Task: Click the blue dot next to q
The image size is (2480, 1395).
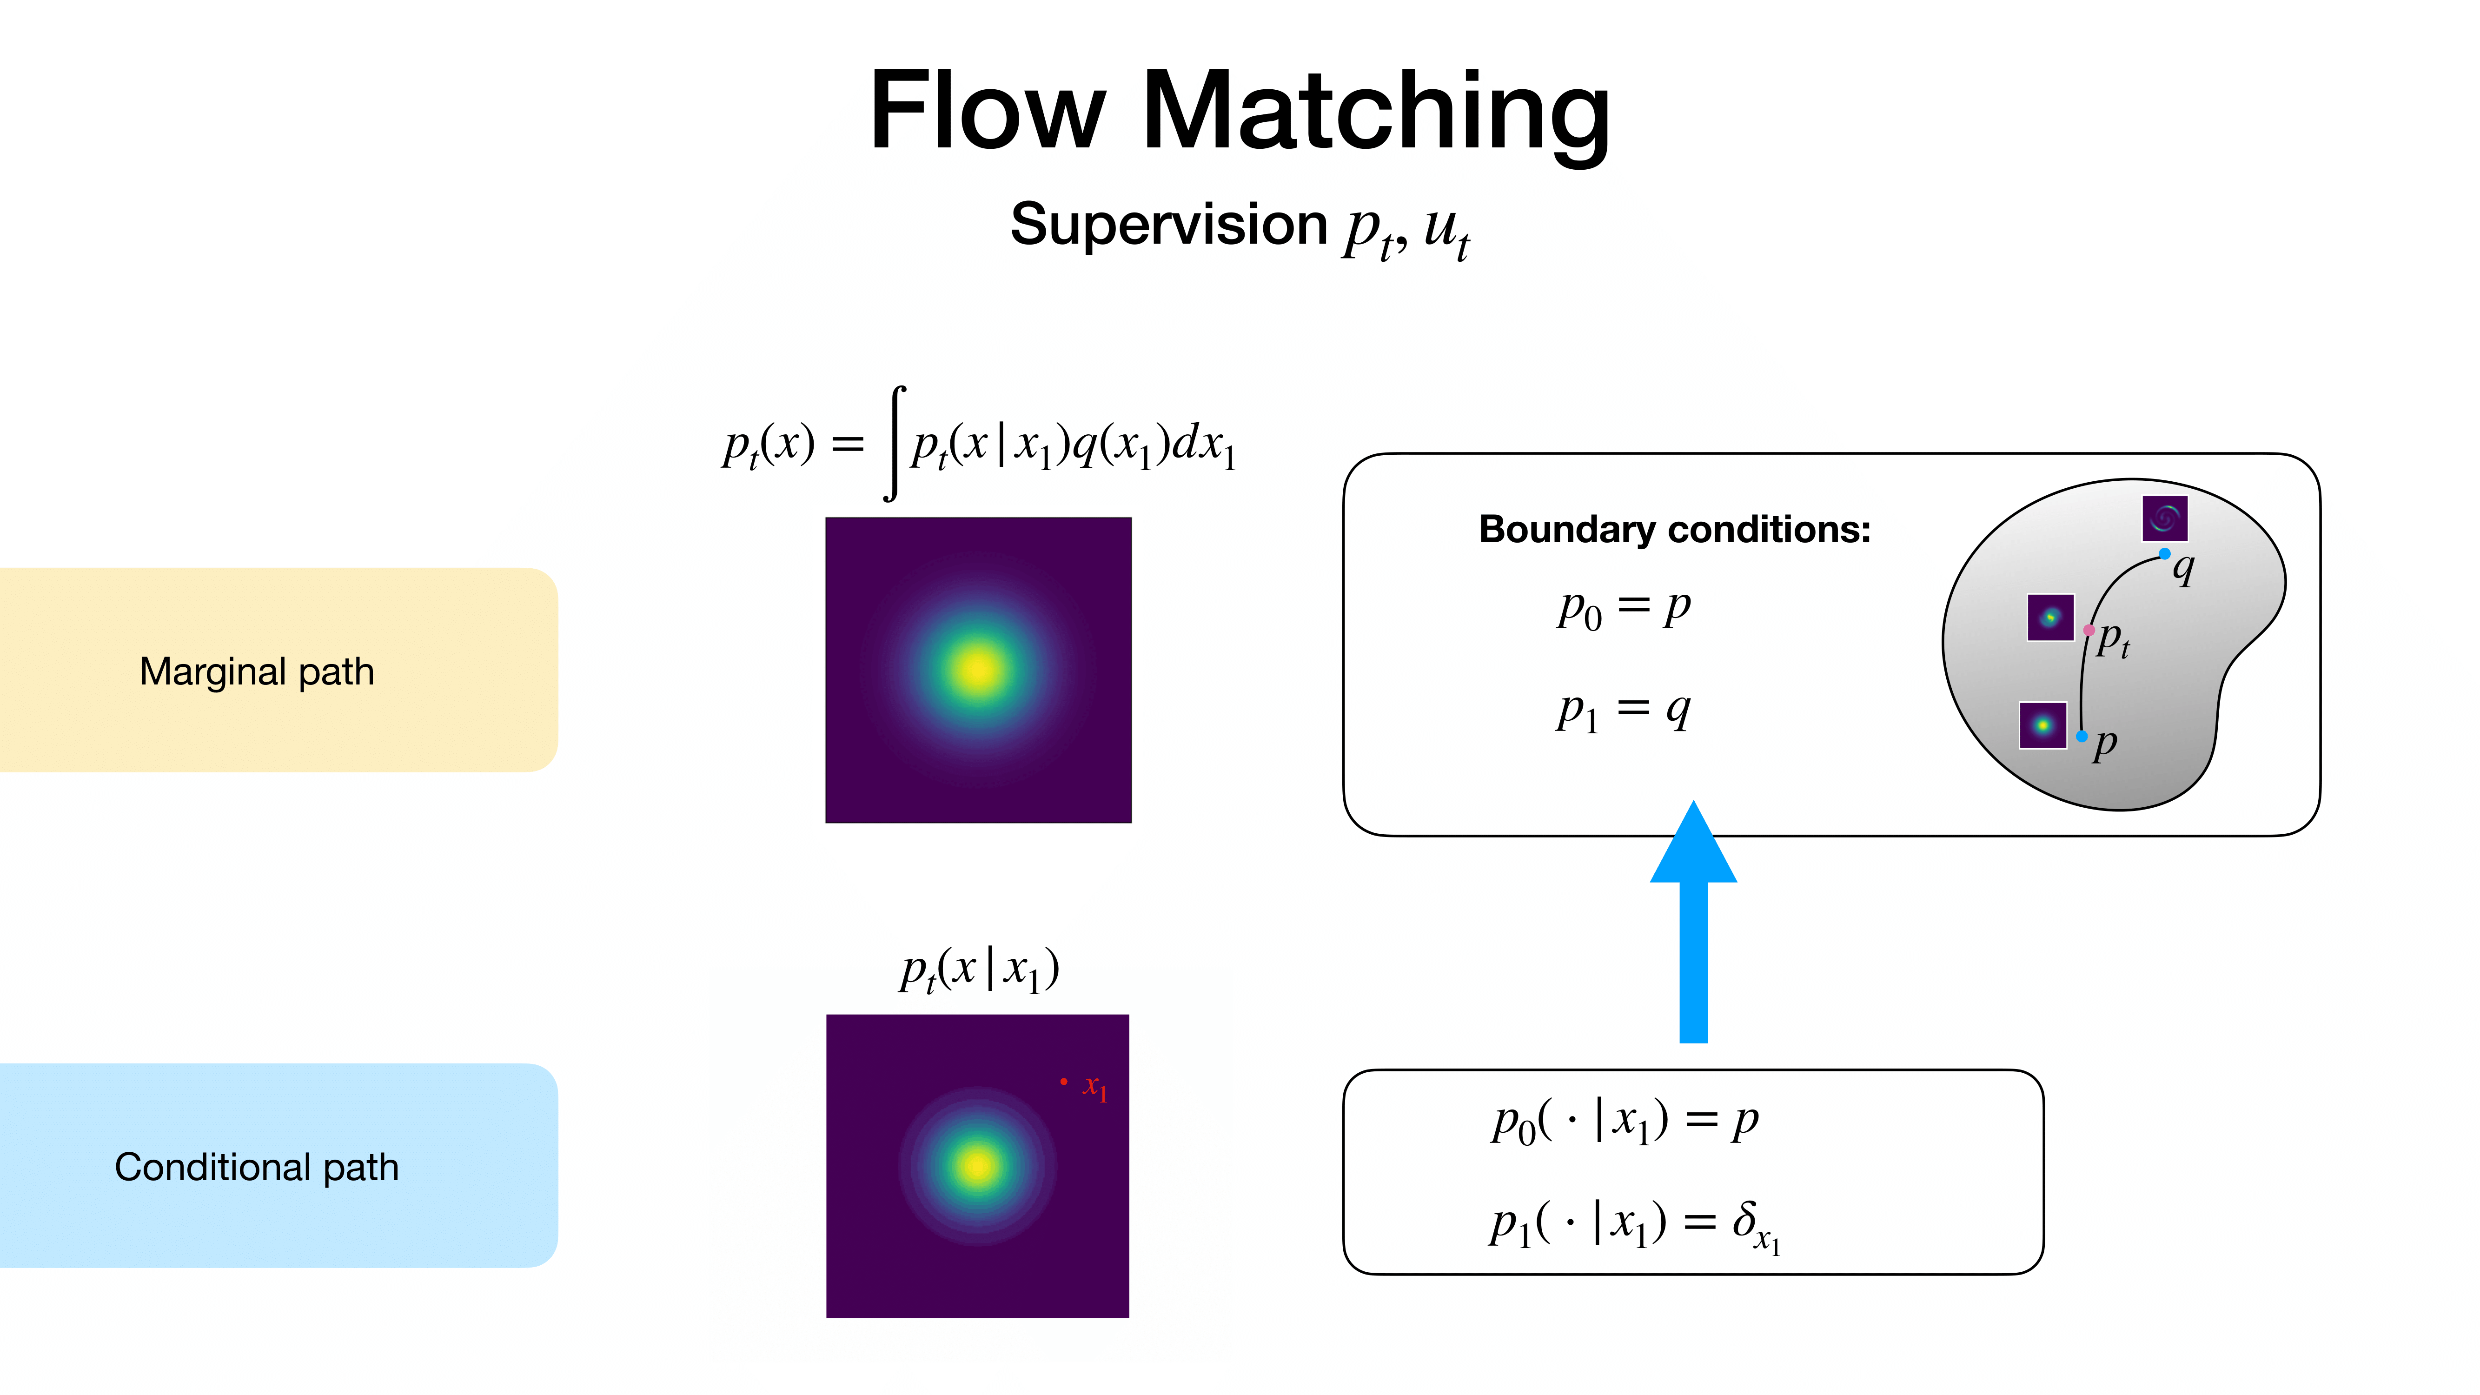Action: pyautogui.click(x=2164, y=553)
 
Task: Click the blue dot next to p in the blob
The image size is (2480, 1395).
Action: pyautogui.click(x=2082, y=737)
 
